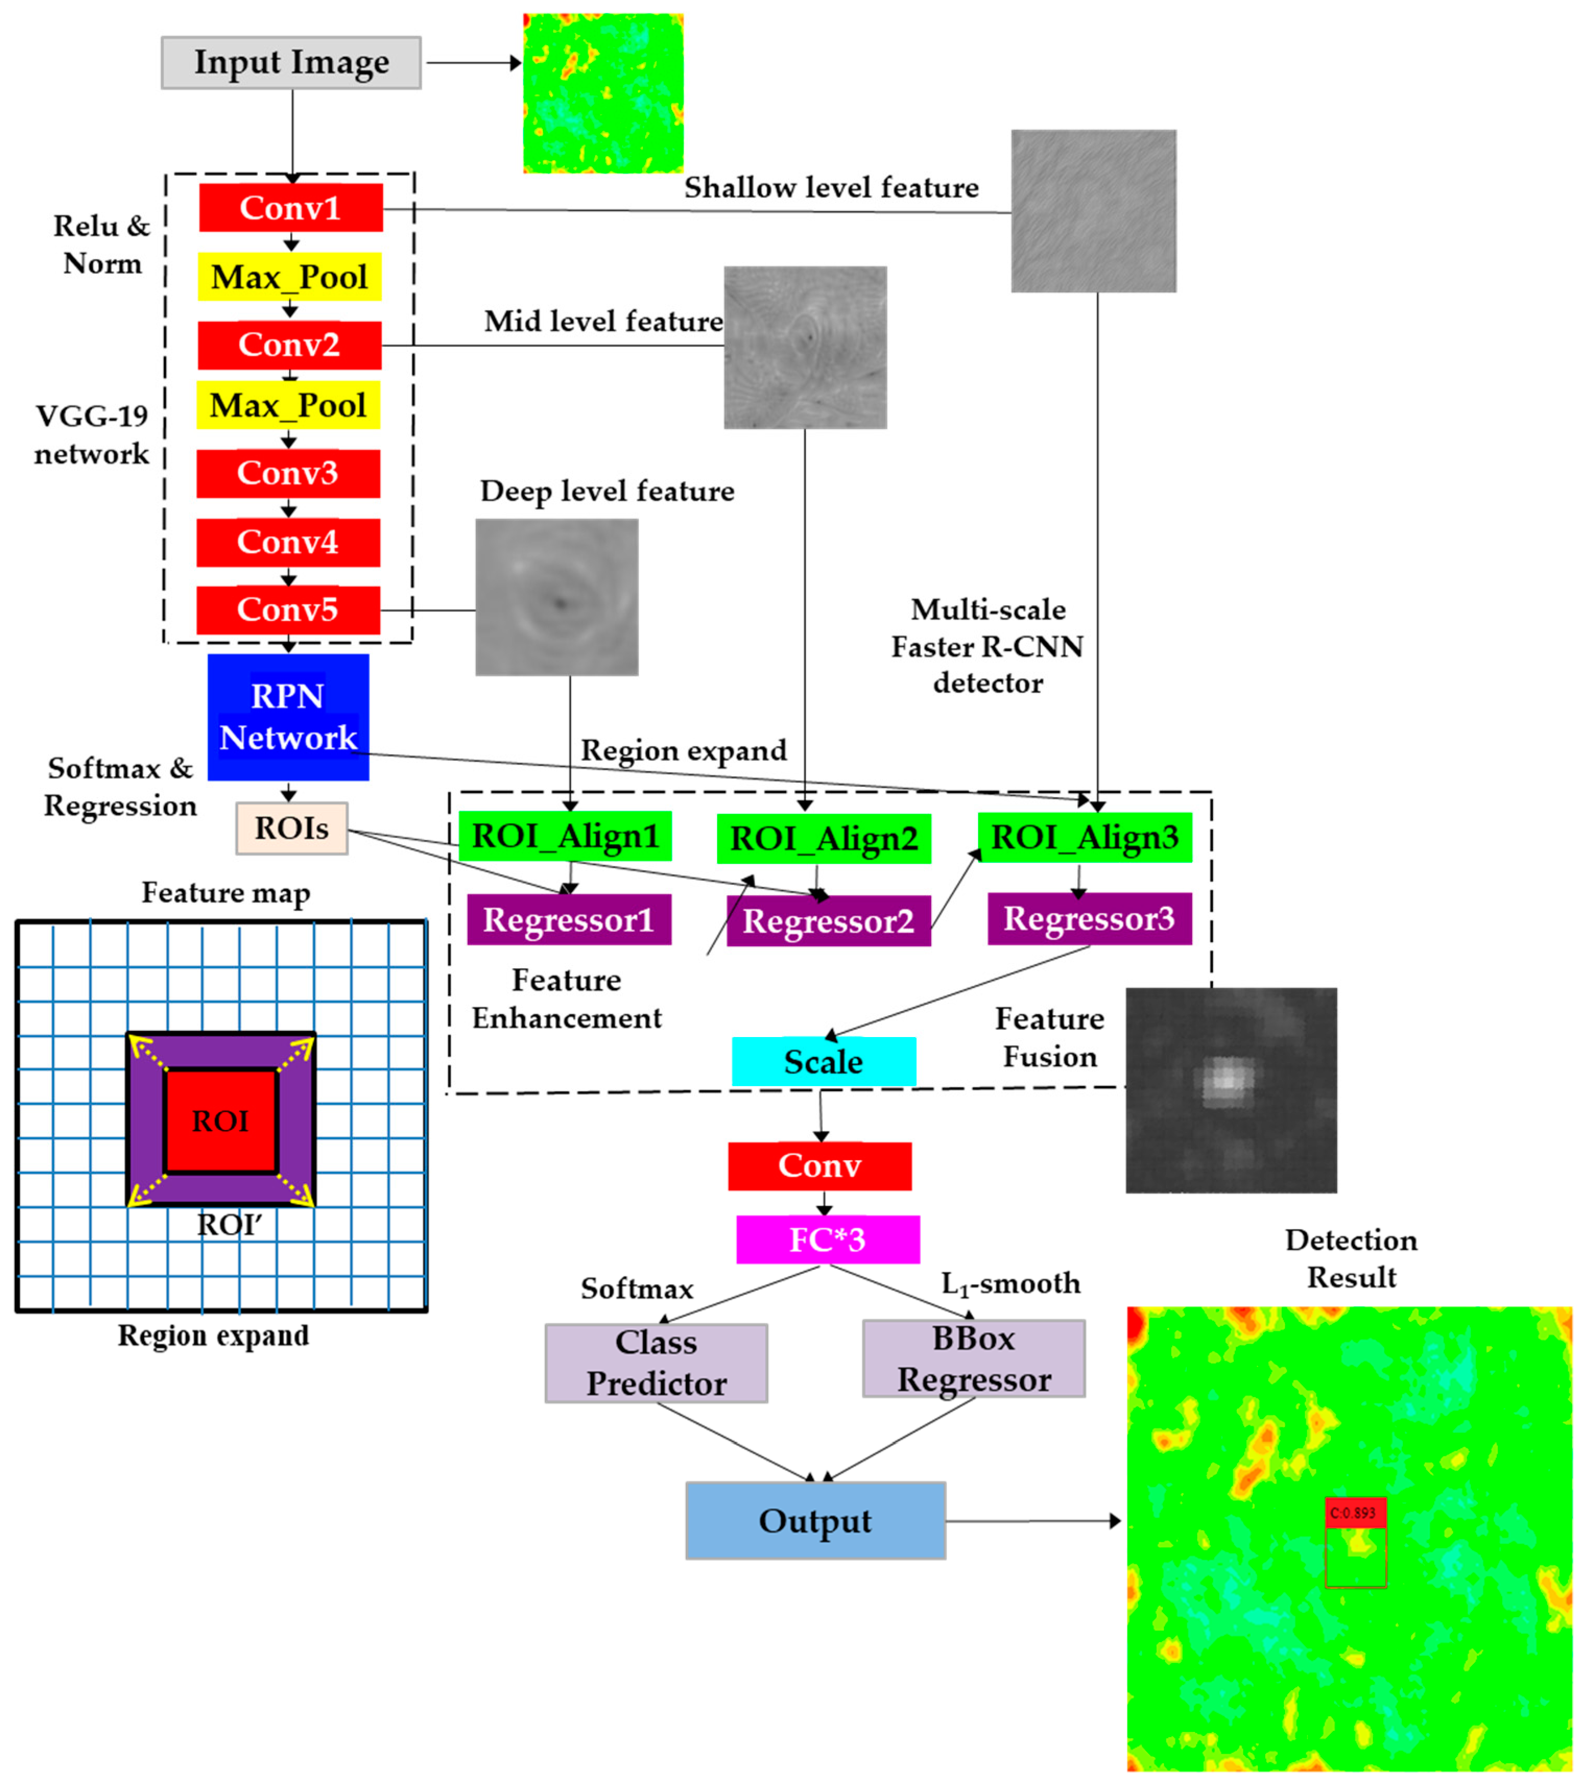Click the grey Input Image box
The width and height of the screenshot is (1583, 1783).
[x=291, y=63]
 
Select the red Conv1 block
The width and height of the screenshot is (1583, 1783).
[x=291, y=208]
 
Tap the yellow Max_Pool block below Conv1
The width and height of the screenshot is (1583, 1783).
[x=290, y=276]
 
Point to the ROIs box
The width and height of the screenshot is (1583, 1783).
[x=291, y=828]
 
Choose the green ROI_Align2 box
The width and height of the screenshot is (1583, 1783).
[x=824, y=838]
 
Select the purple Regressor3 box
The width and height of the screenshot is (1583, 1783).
[x=1089, y=919]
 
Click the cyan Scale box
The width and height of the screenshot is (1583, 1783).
[x=824, y=1062]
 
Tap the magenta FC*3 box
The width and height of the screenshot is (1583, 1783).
[x=827, y=1239]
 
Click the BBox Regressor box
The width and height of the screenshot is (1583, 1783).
[x=974, y=1359]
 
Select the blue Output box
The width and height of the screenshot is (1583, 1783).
[x=815, y=1521]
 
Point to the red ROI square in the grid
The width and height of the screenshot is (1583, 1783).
[x=221, y=1121]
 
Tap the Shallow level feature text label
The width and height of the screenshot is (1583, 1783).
[x=831, y=188]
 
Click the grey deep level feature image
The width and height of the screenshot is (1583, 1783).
[x=557, y=597]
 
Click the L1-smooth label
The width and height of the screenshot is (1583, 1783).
[x=1010, y=1284]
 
